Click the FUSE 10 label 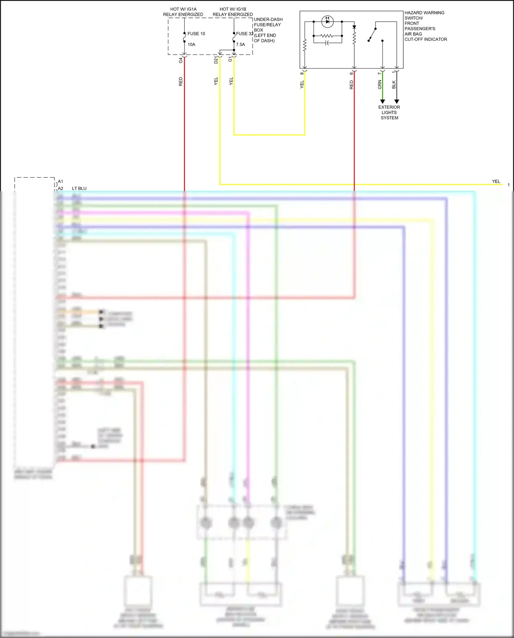196,34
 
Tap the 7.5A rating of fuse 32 240,45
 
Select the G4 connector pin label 181,60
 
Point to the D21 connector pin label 216,60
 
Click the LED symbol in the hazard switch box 328,22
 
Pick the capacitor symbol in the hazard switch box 327,43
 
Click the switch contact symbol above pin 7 372,34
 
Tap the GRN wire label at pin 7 380,85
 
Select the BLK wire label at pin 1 394,85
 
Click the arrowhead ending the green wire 382,101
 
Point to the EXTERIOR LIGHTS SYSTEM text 389,112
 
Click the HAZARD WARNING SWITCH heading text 424,15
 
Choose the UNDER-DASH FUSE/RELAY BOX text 268,30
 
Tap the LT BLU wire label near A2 79,188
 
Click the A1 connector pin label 60,181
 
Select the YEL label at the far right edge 496,181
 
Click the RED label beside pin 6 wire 351,85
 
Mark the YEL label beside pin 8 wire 302,85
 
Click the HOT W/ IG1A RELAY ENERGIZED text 183,12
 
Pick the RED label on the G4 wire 181,82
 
